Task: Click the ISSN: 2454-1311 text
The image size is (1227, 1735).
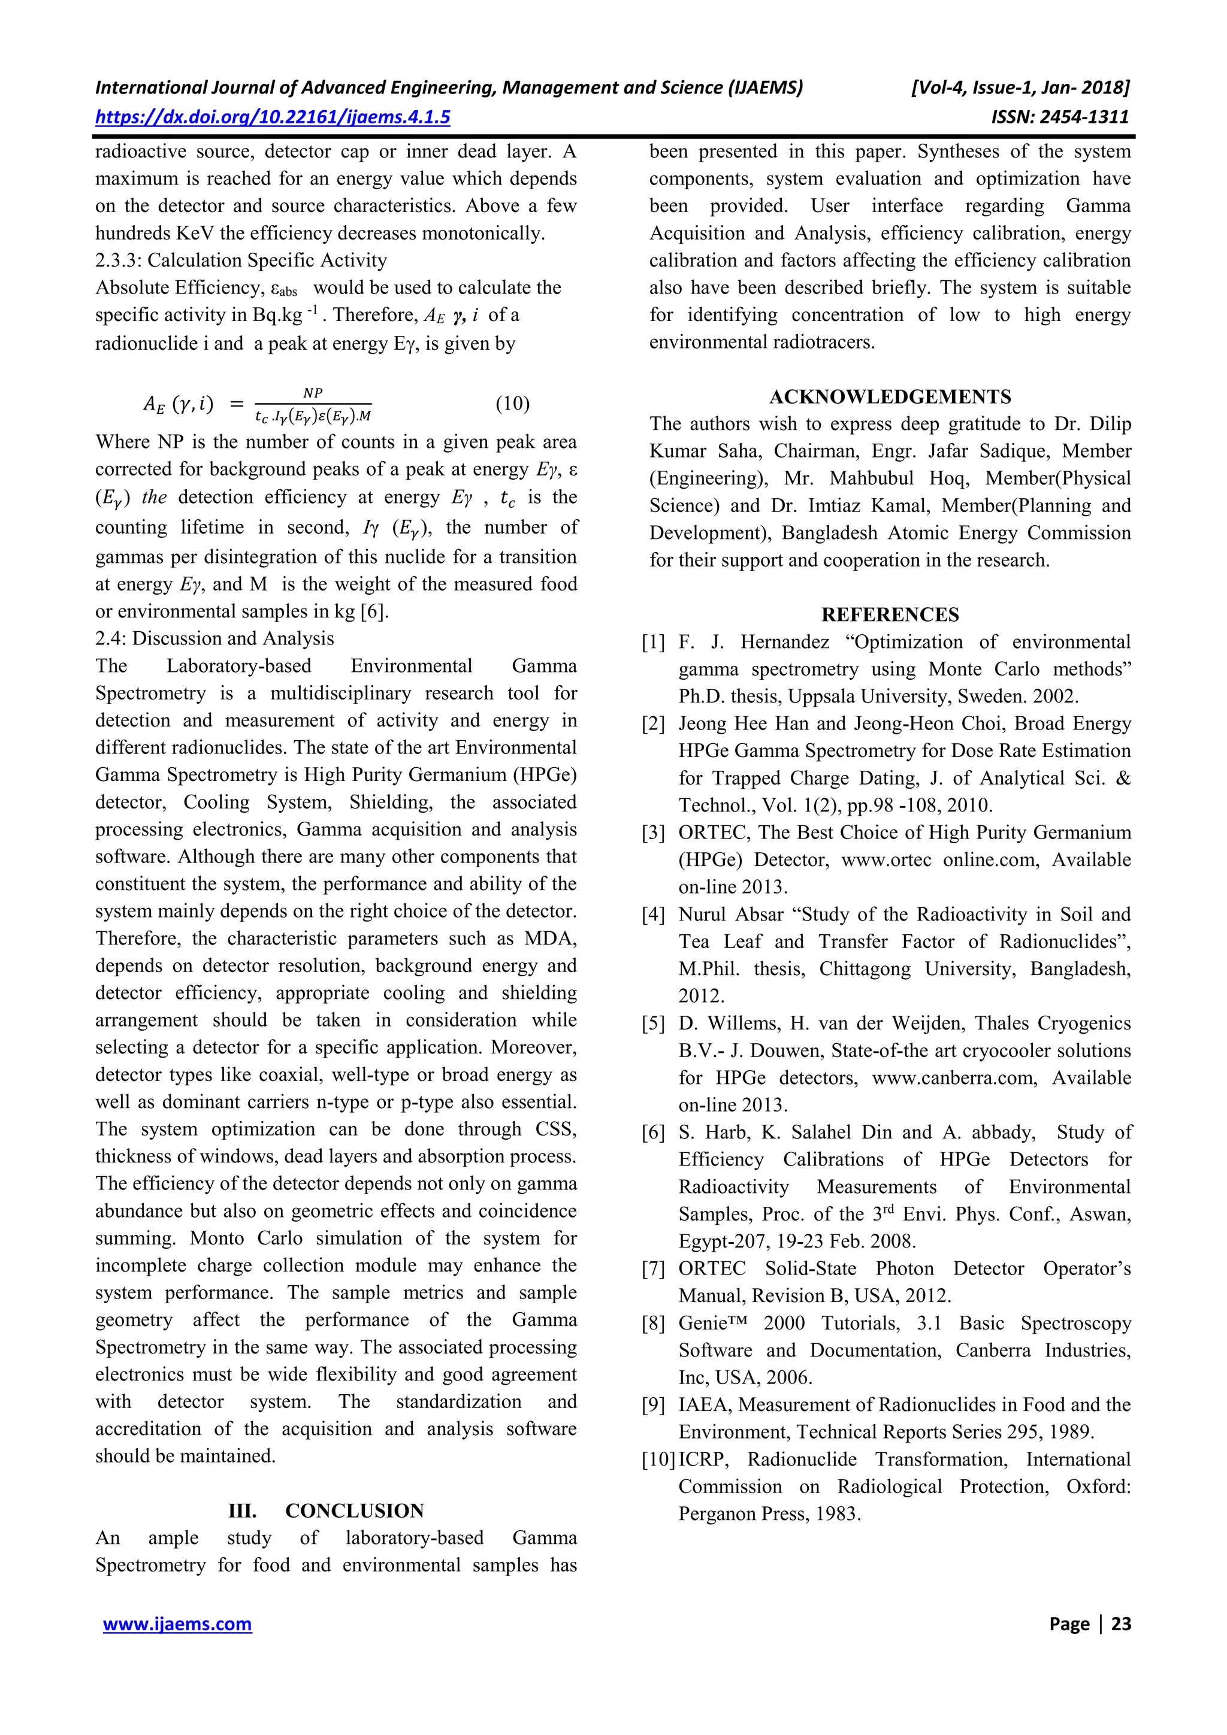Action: pyautogui.click(x=1060, y=117)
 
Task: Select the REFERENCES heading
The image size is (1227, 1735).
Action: pyautogui.click(x=890, y=614)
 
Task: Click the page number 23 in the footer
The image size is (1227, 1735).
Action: pyautogui.click(x=1121, y=1624)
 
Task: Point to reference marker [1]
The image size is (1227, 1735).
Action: pyautogui.click(x=653, y=642)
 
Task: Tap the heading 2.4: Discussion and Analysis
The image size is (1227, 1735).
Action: pyautogui.click(x=214, y=638)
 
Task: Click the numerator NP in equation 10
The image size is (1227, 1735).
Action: pyautogui.click(x=312, y=393)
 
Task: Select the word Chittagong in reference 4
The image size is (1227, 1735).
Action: pyautogui.click(x=865, y=970)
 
